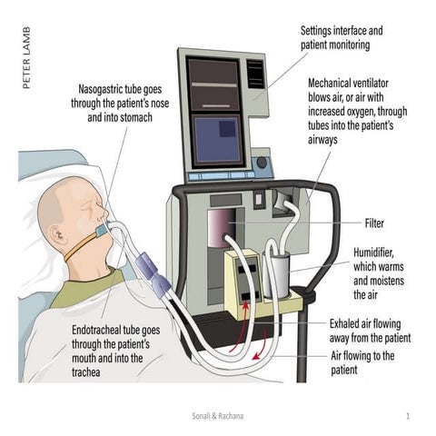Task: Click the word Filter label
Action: click(x=374, y=223)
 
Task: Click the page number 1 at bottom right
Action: click(x=410, y=415)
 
